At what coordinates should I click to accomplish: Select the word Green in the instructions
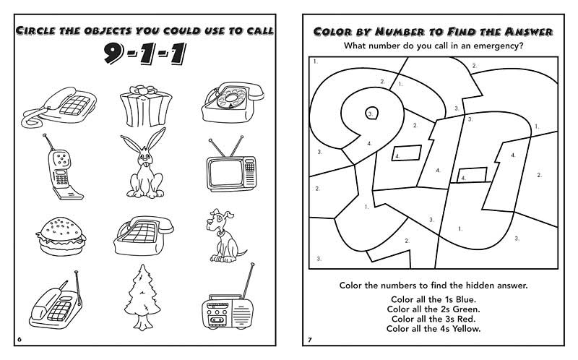coord(464,309)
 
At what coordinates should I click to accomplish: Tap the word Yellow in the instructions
coord(465,329)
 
